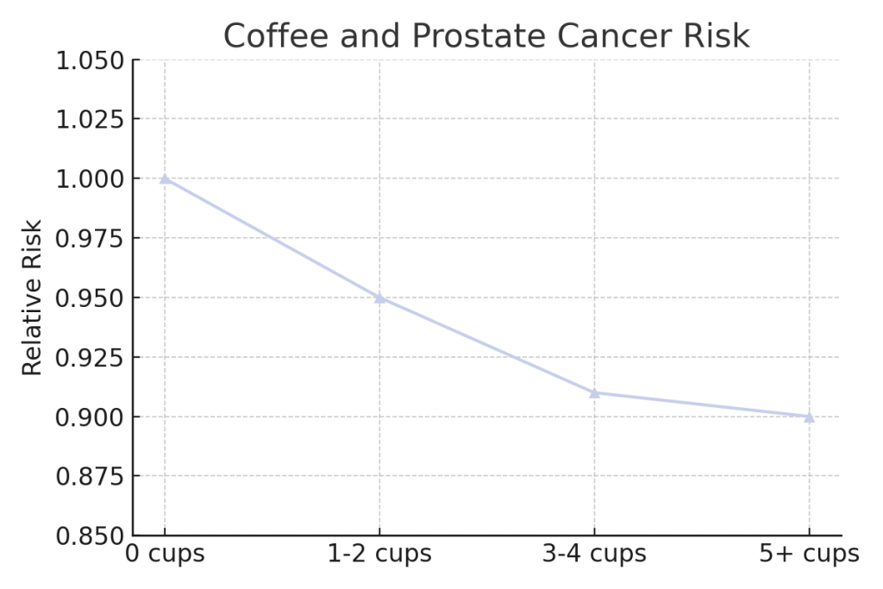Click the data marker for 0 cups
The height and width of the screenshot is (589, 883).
165,179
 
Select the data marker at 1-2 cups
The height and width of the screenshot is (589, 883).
379,298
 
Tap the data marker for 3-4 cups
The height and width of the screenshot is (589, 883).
594,393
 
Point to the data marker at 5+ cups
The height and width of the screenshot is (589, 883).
809,417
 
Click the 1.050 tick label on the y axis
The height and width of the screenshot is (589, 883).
90,60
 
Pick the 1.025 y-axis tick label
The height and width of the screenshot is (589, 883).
90,119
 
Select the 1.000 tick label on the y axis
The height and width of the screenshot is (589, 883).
90,179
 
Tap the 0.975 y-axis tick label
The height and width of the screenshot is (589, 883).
90,238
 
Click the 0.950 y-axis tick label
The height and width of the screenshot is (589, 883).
90,298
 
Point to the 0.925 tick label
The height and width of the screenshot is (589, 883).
90,357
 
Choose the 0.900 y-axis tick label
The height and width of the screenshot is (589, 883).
90,417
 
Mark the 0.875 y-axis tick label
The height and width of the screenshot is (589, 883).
90,476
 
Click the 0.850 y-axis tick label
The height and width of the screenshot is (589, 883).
90,536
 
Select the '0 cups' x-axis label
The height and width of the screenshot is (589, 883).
166,554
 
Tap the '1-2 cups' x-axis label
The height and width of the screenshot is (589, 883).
379,554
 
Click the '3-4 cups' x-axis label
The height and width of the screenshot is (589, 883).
594,554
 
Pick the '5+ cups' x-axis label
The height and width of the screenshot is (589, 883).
809,554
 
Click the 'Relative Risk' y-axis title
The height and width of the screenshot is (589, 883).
32,298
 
